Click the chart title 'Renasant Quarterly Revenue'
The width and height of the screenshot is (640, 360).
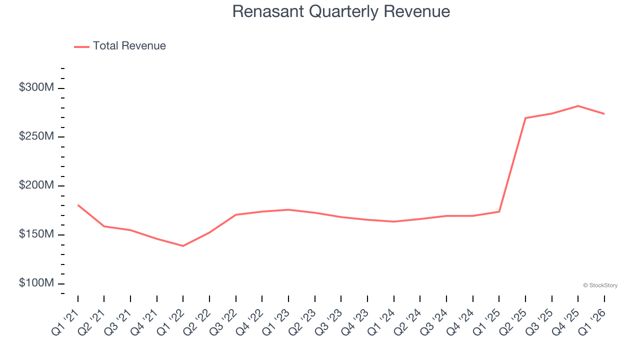341,11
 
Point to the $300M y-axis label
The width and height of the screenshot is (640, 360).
36,87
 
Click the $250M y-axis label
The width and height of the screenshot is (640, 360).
36,136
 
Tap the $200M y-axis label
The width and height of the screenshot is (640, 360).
36,185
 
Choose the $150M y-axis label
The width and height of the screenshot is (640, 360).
36,234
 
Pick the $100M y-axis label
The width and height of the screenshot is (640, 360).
36,283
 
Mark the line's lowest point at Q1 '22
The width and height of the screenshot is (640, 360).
183,246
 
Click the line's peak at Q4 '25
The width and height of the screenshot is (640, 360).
578,106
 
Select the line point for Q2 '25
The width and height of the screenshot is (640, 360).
525,118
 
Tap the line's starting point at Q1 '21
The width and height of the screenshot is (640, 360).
78,205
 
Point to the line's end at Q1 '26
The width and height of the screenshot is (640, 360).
604,114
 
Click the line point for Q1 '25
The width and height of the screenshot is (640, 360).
499,211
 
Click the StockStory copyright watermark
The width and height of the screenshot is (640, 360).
600,285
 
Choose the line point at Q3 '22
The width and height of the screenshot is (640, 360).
236,215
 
